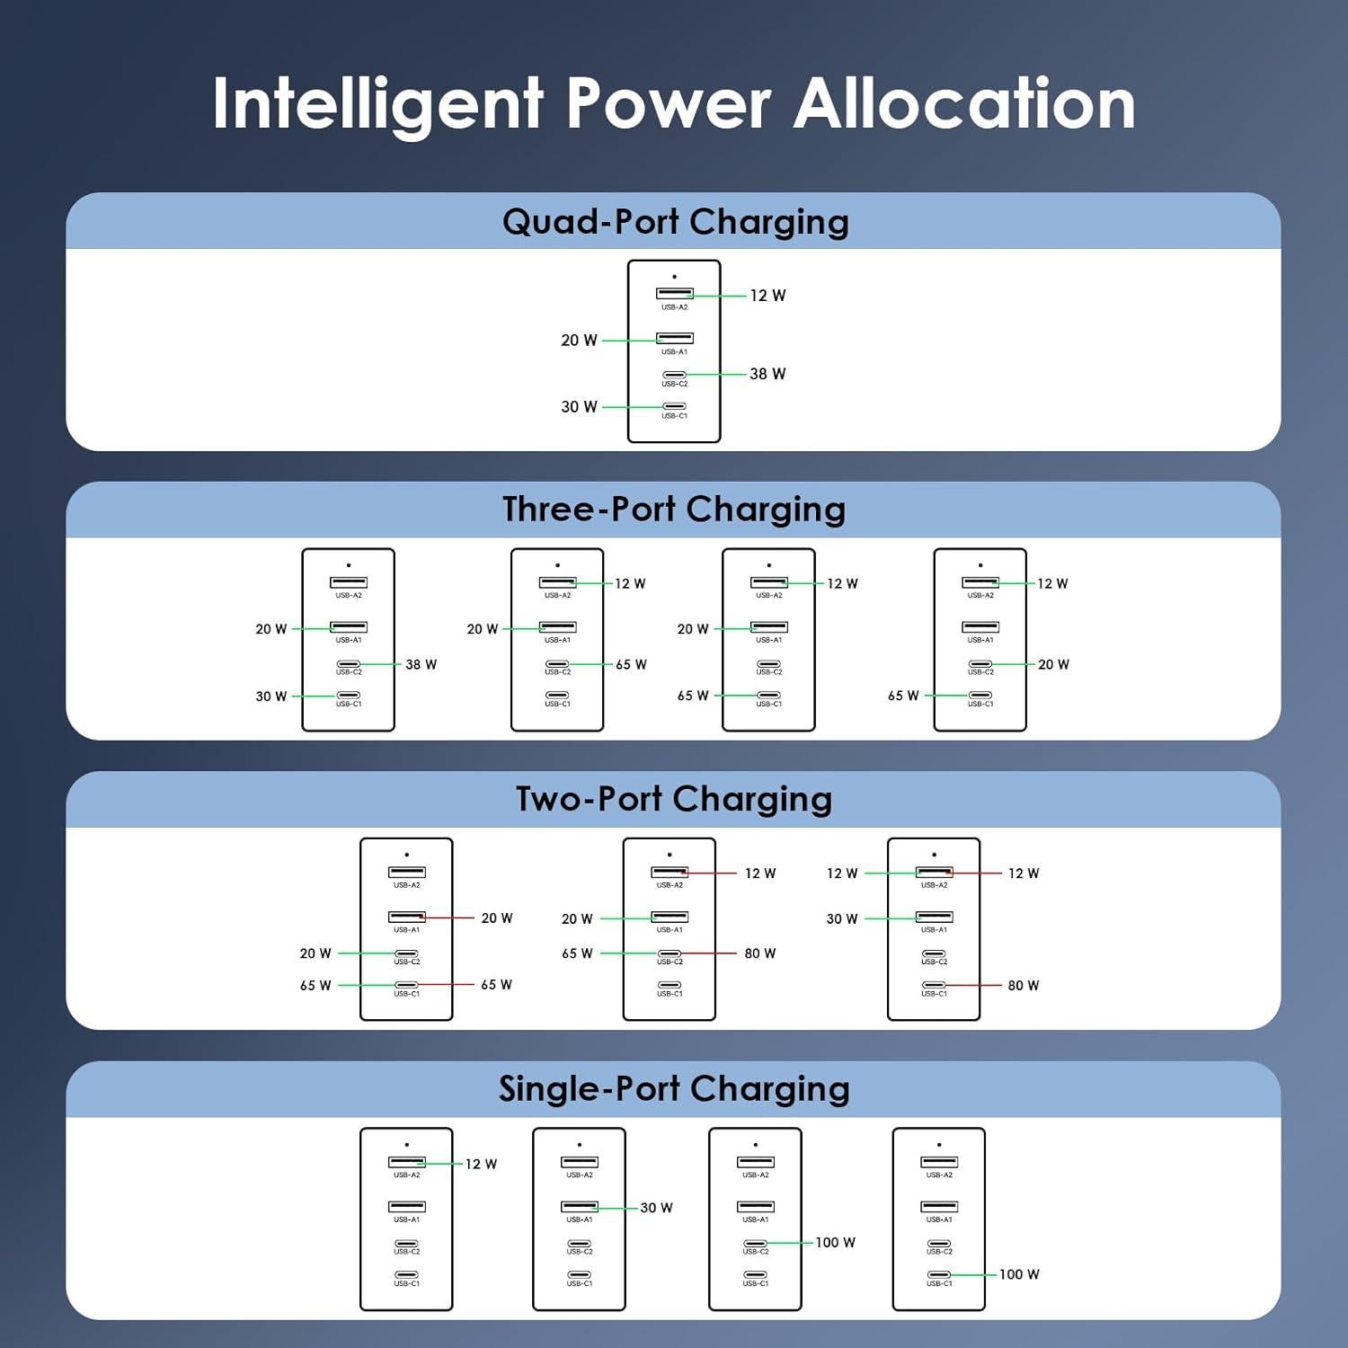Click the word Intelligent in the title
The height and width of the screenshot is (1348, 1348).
[x=378, y=105]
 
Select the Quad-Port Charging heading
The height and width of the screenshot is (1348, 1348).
[x=675, y=222]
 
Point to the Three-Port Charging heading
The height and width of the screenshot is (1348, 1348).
[x=674, y=510]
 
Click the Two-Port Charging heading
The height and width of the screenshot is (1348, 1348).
[x=674, y=799]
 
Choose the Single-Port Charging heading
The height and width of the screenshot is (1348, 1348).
[x=674, y=1089]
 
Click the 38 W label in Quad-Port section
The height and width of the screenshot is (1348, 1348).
[x=767, y=374]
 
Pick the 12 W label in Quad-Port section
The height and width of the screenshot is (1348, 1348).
[x=767, y=296]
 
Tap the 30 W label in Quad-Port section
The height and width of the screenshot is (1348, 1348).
[x=579, y=407]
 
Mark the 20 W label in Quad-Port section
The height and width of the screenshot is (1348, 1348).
[x=579, y=341]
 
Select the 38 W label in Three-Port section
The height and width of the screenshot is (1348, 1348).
[x=421, y=665]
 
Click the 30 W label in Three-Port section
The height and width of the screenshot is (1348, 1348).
[x=270, y=696]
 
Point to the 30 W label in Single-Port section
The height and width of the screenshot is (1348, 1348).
[x=656, y=1208]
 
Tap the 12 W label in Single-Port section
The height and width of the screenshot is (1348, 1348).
[x=481, y=1164]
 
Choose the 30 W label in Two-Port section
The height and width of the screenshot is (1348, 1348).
[x=842, y=918]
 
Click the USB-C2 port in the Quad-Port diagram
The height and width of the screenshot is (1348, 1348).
[x=674, y=375]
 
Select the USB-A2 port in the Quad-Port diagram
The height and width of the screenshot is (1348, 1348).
[x=674, y=293]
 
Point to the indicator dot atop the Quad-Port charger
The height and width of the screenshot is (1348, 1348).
[x=674, y=277]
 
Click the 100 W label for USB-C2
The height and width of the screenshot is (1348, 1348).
[x=835, y=1243]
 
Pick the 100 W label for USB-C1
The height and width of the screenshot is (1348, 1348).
[x=1019, y=1274]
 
